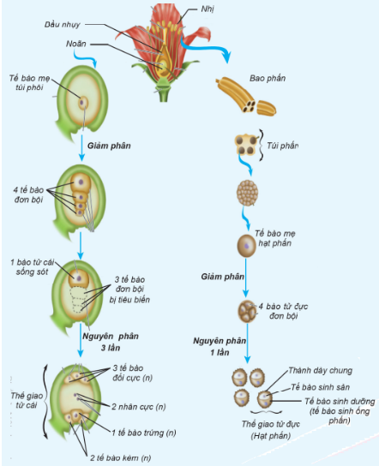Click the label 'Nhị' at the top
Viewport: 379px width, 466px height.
[x=208, y=9]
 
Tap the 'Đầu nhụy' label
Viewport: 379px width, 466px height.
[x=63, y=25]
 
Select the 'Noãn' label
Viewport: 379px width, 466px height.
[x=75, y=44]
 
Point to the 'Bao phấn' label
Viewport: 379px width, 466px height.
[x=268, y=79]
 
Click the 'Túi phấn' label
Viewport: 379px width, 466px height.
[x=282, y=146]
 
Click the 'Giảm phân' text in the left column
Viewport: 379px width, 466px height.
[x=109, y=146]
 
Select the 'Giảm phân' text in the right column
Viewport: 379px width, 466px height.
[x=223, y=277]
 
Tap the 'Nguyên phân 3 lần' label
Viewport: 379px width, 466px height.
[x=111, y=342]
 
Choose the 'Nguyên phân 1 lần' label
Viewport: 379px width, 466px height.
[x=220, y=347]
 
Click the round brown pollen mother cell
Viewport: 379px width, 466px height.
[x=247, y=246]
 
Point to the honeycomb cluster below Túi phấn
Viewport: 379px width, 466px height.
[x=247, y=193]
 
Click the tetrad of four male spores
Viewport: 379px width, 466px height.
[x=247, y=312]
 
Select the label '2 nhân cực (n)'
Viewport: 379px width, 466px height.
[x=139, y=407]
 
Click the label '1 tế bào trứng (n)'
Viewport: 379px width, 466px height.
[x=144, y=433]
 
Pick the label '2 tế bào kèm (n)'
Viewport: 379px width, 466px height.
[x=121, y=457]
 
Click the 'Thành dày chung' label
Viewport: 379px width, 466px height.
[x=321, y=371]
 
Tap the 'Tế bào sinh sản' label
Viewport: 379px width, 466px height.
[x=320, y=387]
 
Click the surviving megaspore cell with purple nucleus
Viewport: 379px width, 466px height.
[x=79, y=278]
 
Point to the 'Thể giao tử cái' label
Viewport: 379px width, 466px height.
[x=27, y=400]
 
